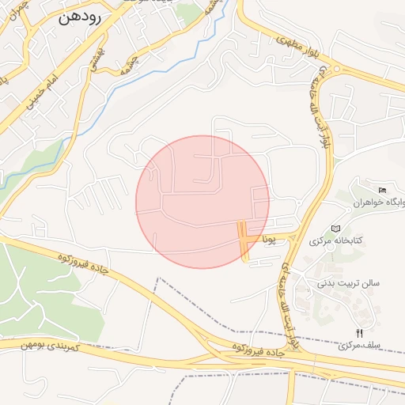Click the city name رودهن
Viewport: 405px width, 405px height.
(79, 18)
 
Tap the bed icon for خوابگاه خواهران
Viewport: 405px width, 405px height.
(383, 190)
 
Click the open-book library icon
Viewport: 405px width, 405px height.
(336, 228)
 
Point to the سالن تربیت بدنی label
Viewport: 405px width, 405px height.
(349, 282)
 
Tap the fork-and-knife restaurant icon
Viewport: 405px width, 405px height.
(360, 333)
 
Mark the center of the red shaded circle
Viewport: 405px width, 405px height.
(202, 202)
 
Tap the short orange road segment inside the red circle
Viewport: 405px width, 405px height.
(243, 241)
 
